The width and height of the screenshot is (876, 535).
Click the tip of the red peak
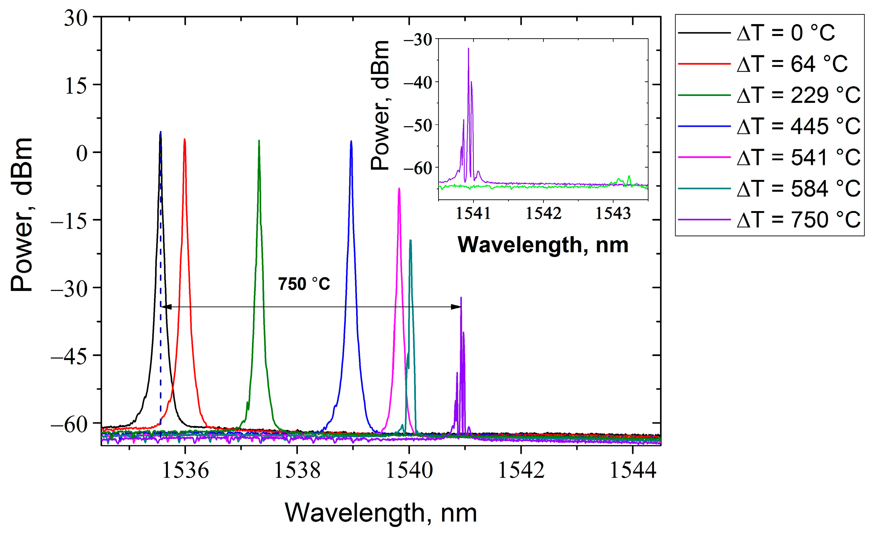(184, 139)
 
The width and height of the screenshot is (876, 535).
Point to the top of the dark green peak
(259, 141)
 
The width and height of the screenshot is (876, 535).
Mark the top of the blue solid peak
(351, 141)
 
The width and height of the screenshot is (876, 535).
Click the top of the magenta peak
(399, 188)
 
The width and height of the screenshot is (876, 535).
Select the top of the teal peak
(410, 240)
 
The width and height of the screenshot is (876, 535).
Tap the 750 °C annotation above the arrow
(304, 284)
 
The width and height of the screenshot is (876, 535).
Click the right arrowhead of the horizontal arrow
(457, 307)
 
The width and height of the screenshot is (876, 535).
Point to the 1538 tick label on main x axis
(297, 470)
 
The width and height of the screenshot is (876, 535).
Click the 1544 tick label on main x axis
(633, 470)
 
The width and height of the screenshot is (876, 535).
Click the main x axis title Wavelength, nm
(381, 513)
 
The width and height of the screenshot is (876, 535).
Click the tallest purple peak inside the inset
(468, 49)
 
